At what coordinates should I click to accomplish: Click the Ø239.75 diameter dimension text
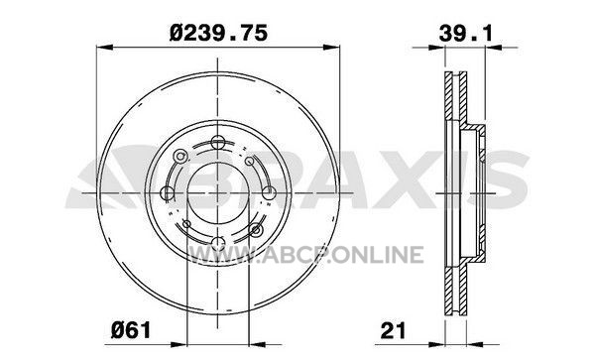coord(218,33)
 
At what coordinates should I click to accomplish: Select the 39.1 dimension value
coord(466,33)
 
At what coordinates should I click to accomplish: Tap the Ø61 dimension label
coord(131,329)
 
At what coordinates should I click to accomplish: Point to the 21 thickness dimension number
coord(394,330)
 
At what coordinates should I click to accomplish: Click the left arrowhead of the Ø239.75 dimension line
coord(105,47)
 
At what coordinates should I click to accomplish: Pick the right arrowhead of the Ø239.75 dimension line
coord(331,47)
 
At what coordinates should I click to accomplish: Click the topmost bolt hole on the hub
coord(218,143)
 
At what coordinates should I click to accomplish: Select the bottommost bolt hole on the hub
coord(218,243)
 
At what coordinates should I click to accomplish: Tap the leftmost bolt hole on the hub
coord(168,193)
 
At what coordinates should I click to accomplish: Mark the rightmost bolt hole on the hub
coord(269,192)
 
